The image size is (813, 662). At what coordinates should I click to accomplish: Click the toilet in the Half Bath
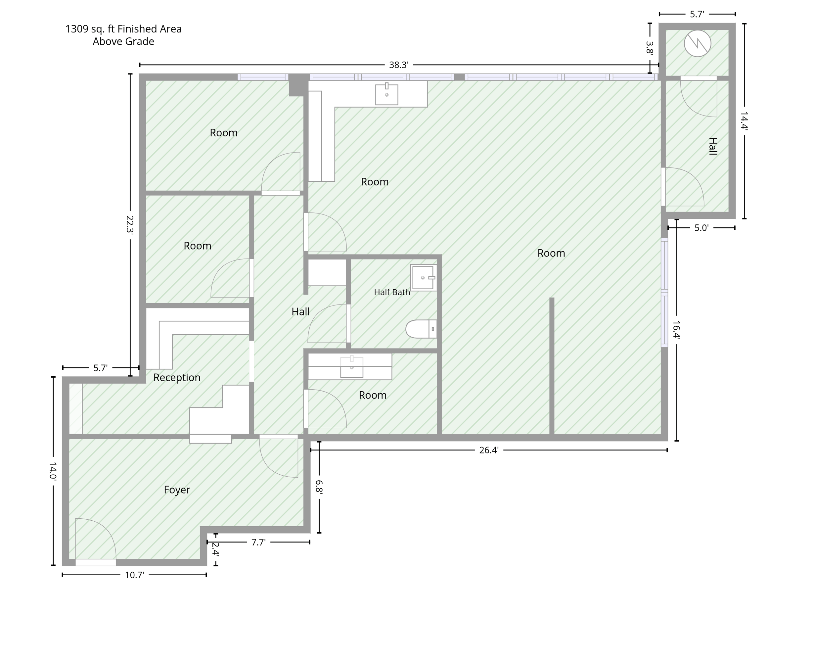click(x=421, y=329)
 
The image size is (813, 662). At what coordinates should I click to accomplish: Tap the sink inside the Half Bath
click(x=423, y=278)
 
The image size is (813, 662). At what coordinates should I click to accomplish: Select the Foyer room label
click(x=177, y=490)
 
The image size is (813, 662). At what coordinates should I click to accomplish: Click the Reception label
click(x=177, y=378)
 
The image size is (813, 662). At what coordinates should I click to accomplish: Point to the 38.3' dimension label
click(x=399, y=65)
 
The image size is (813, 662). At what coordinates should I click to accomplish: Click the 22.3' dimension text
click(x=130, y=225)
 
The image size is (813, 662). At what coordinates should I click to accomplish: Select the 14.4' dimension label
click(x=744, y=121)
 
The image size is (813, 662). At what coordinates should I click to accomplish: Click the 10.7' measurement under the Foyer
click(x=135, y=575)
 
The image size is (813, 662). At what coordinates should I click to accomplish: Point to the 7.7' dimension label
click(x=258, y=542)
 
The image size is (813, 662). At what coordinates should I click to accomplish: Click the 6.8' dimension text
click(x=319, y=487)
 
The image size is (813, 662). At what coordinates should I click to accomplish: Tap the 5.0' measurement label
click(x=701, y=228)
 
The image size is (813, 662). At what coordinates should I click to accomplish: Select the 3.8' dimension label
click(x=650, y=48)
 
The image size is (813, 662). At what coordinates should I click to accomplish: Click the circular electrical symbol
click(x=698, y=43)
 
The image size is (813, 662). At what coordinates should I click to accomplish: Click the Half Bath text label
click(x=392, y=292)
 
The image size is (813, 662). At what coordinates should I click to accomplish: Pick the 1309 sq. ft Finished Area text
click(x=123, y=29)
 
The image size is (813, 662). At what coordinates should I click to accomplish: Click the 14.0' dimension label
click(x=53, y=471)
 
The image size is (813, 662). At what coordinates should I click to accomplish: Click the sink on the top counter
click(x=386, y=94)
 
